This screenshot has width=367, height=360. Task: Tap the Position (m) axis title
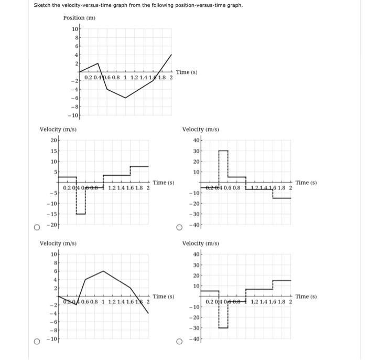[x=79, y=17]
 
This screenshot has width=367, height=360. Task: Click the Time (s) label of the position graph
[x=187, y=72]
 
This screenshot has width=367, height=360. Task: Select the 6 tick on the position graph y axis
[x=76, y=46]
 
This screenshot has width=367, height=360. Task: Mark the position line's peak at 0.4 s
[x=98, y=63]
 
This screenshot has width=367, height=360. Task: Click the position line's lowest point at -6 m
[x=125, y=98]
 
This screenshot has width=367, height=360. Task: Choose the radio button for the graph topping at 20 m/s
[x=37, y=228]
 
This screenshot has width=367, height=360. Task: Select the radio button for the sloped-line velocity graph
[x=37, y=342]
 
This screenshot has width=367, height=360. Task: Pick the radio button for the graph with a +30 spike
[x=179, y=228]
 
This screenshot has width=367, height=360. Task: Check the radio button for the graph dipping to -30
[x=179, y=342]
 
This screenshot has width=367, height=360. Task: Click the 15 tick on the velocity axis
[x=53, y=151]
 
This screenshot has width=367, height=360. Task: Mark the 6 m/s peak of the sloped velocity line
[x=103, y=271]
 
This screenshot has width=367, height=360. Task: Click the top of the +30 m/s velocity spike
[x=223, y=151]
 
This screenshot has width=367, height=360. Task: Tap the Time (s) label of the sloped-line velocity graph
[x=163, y=297]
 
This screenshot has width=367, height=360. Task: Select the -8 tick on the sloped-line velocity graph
[x=53, y=331]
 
